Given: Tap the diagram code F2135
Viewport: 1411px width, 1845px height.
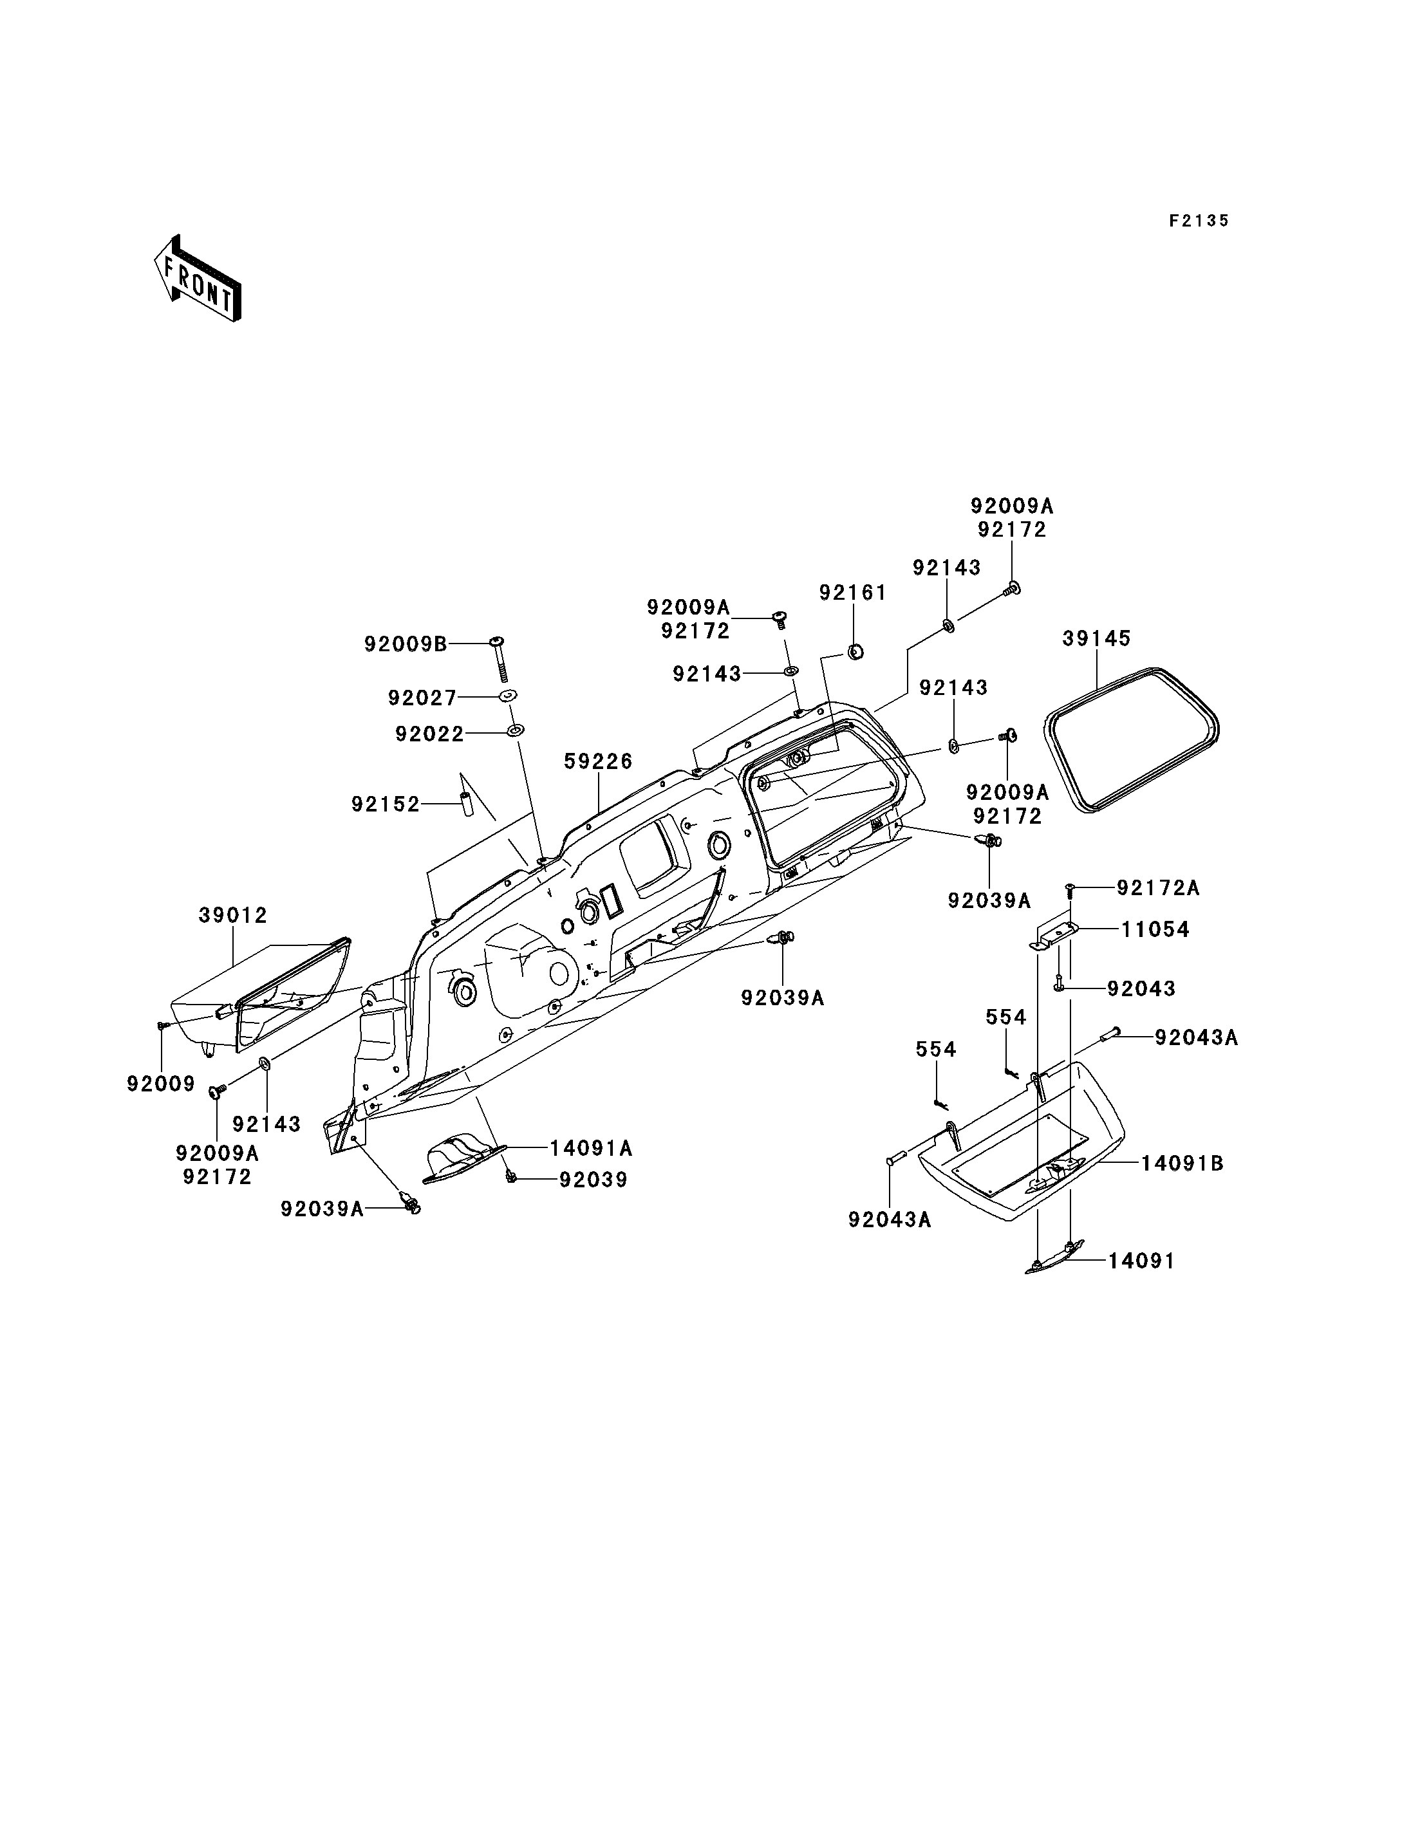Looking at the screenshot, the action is click(x=1199, y=221).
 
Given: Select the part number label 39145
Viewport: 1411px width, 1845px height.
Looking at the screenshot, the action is click(x=1096, y=638).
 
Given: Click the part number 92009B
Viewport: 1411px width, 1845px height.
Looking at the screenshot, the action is click(x=406, y=644).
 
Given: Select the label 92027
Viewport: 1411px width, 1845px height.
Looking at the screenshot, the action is click(x=422, y=698).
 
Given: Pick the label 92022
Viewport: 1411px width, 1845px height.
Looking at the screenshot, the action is click(x=429, y=735).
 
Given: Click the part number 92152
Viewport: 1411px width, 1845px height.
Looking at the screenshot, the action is click(x=386, y=804).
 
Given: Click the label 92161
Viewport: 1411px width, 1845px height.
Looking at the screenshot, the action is click(x=852, y=593).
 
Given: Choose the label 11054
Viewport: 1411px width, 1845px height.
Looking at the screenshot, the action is click(x=1155, y=930).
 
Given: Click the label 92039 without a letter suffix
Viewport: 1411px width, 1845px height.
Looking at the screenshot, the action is click(x=593, y=1180).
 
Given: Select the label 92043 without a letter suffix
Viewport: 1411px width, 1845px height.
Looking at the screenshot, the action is click(x=1141, y=988).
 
